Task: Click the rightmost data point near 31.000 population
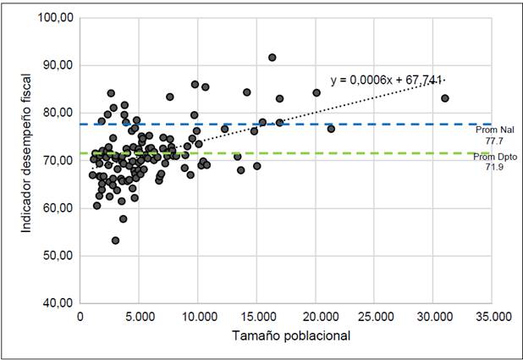pos(445,98)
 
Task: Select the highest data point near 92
pos(273,58)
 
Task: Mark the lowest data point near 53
pos(116,241)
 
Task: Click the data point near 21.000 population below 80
pos(331,129)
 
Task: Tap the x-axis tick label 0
pos(80,317)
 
